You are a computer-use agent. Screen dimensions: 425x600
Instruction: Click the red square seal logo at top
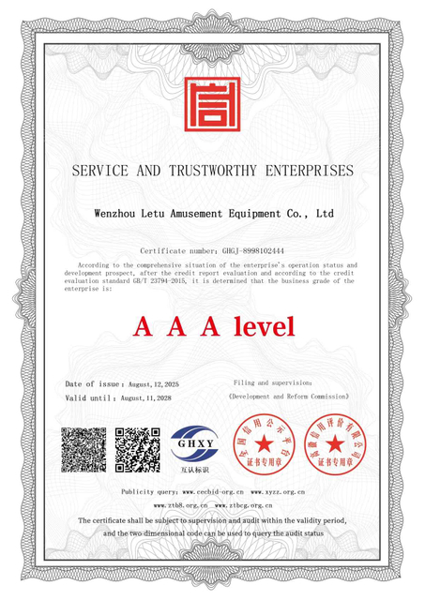(211, 104)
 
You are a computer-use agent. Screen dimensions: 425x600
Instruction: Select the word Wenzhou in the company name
(116, 214)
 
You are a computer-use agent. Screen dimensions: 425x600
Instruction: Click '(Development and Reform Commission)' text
(288, 397)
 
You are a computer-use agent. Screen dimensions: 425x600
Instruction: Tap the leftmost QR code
(83, 448)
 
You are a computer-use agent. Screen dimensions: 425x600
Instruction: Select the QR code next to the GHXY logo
(138, 448)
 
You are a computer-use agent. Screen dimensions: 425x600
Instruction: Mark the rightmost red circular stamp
(331, 445)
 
